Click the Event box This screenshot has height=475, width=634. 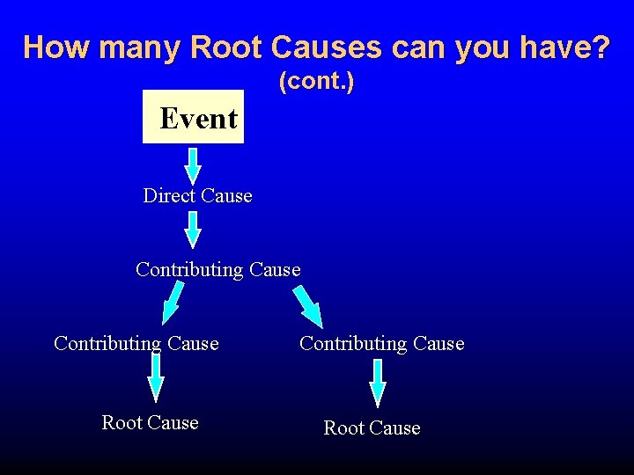pyautogui.click(x=193, y=117)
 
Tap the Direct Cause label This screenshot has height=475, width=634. pyautogui.click(x=197, y=195)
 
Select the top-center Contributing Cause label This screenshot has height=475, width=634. pyautogui.click(x=217, y=269)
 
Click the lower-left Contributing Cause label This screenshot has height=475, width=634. pyautogui.click(x=136, y=343)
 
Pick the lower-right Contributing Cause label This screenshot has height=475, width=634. pyautogui.click(x=381, y=343)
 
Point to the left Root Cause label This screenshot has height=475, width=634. pyautogui.click(x=150, y=422)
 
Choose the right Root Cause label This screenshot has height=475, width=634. pyautogui.click(x=372, y=427)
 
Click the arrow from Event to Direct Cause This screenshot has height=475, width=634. pyautogui.click(x=193, y=164)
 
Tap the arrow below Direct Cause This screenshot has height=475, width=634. pyautogui.click(x=193, y=230)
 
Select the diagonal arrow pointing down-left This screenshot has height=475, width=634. pyautogui.click(x=173, y=303)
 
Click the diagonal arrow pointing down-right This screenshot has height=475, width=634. pyautogui.click(x=307, y=304)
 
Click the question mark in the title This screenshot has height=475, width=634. pyautogui.click(x=601, y=47)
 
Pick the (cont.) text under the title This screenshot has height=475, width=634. pyautogui.click(x=316, y=83)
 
